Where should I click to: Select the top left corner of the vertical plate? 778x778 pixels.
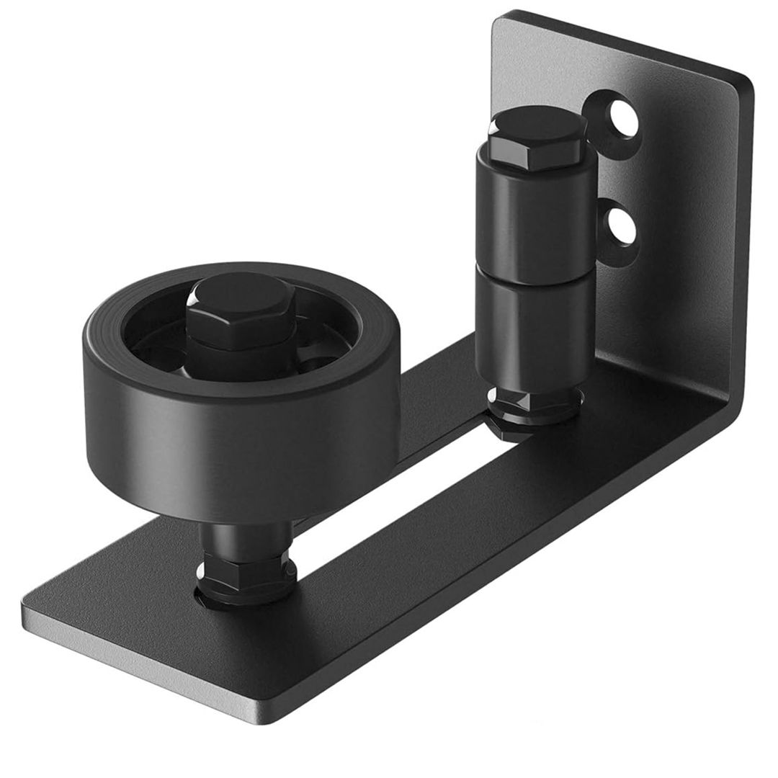tap(497, 18)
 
